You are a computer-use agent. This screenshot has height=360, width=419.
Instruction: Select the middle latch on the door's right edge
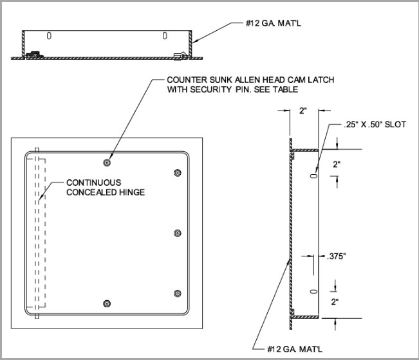point(178,233)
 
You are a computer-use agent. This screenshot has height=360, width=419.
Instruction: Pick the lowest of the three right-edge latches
point(178,294)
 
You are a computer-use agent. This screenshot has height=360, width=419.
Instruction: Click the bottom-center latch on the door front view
point(107,303)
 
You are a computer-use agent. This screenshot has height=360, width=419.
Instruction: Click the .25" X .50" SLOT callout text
point(369,125)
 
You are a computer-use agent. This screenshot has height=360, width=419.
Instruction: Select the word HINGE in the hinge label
point(131,192)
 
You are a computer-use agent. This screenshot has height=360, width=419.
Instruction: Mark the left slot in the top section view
point(50,35)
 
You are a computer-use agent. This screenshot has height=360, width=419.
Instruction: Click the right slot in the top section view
point(165,35)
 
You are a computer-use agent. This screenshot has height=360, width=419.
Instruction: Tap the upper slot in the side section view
point(313,174)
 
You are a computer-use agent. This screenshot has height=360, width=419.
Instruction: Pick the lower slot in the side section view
point(313,291)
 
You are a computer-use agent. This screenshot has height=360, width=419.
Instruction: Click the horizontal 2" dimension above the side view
point(303,111)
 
